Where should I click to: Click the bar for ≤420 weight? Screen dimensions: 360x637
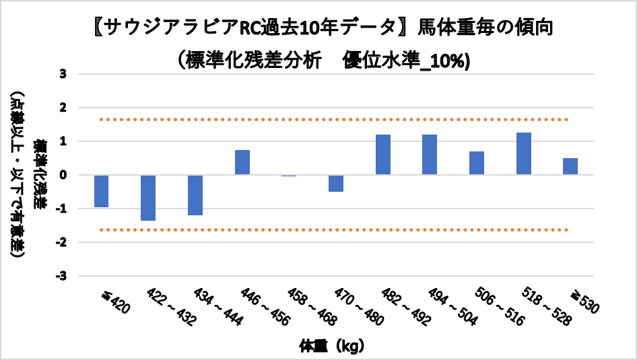click(102, 191)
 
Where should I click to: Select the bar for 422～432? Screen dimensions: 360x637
click(148, 198)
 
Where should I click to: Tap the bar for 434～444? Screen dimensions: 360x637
click(195, 195)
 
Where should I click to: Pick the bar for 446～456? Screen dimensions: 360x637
click(242, 162)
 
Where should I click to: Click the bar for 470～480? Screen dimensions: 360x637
click(336, 183)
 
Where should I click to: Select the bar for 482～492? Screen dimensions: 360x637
click(383, 155)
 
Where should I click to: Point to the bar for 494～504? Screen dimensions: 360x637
click(430, 155)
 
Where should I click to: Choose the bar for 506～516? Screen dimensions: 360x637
click(477, 163)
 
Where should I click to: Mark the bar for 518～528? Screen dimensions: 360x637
click(524, 153)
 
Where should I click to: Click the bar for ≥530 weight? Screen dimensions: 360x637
click(570, 166)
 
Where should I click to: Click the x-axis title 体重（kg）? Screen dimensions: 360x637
click(332, 347)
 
